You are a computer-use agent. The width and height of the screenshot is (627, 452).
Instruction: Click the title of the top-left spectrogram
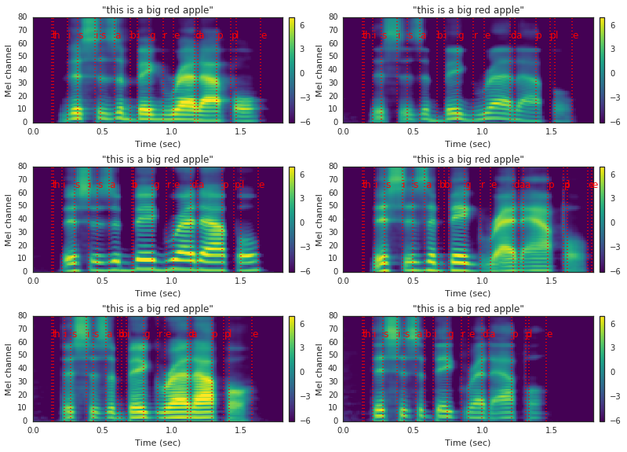(157, 10)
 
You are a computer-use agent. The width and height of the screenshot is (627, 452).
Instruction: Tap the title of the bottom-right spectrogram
(468, 309)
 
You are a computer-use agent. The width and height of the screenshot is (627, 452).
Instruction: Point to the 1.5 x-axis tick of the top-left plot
(241, 130)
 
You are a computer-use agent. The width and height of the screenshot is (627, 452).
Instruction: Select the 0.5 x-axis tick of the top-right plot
(413, 130)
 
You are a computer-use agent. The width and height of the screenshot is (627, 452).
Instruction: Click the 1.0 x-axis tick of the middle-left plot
(172, 280)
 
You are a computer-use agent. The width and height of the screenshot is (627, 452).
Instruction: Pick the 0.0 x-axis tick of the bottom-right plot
(344, 429)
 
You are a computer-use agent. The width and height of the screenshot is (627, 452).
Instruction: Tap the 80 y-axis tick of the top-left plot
(24, 17)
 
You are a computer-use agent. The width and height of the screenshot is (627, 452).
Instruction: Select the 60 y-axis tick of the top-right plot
(335, 44)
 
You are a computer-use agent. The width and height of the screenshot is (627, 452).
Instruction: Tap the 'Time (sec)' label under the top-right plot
(468, 143)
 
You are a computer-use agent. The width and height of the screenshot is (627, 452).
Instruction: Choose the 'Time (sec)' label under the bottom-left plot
(157, 442)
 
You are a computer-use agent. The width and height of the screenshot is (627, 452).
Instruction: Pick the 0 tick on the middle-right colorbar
(614, 222)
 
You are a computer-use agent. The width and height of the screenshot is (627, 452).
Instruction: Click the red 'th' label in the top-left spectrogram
(55, 35)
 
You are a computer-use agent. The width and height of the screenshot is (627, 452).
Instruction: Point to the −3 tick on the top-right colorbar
(612, 97)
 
